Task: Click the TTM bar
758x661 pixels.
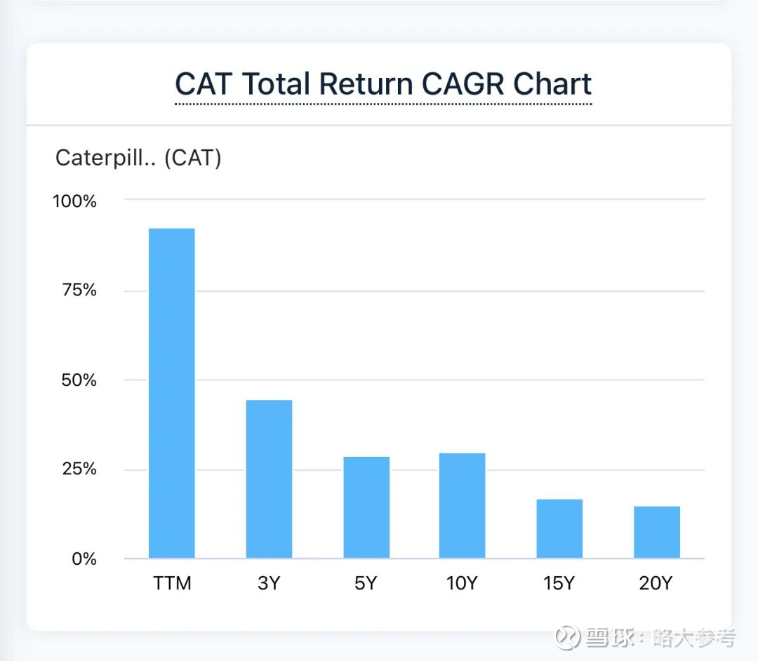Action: tap(172, 393)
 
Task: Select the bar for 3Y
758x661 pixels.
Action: tap(269, 479)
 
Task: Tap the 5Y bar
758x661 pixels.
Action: tap(366, 507)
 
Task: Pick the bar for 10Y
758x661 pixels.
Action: tap(463, 506)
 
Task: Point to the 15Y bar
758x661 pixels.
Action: tap(559, 528)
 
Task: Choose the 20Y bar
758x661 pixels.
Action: tap(657, 532)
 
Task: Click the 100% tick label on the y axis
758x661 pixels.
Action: tap(74, 201)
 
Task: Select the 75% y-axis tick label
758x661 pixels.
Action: tap(79, 291)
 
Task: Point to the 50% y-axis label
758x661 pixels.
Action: tap(79, 380)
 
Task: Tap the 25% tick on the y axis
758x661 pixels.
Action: tap(79, 469)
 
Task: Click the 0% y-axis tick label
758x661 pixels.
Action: tap(84, 559)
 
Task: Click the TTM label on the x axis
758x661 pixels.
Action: tap(172, 584)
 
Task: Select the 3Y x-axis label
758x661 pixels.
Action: tap(269, 584)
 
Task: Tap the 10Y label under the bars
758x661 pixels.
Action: tap(462, 584)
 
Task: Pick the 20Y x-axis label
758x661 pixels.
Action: tap(656, 584)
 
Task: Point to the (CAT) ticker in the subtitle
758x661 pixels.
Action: tap(192, 159)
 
